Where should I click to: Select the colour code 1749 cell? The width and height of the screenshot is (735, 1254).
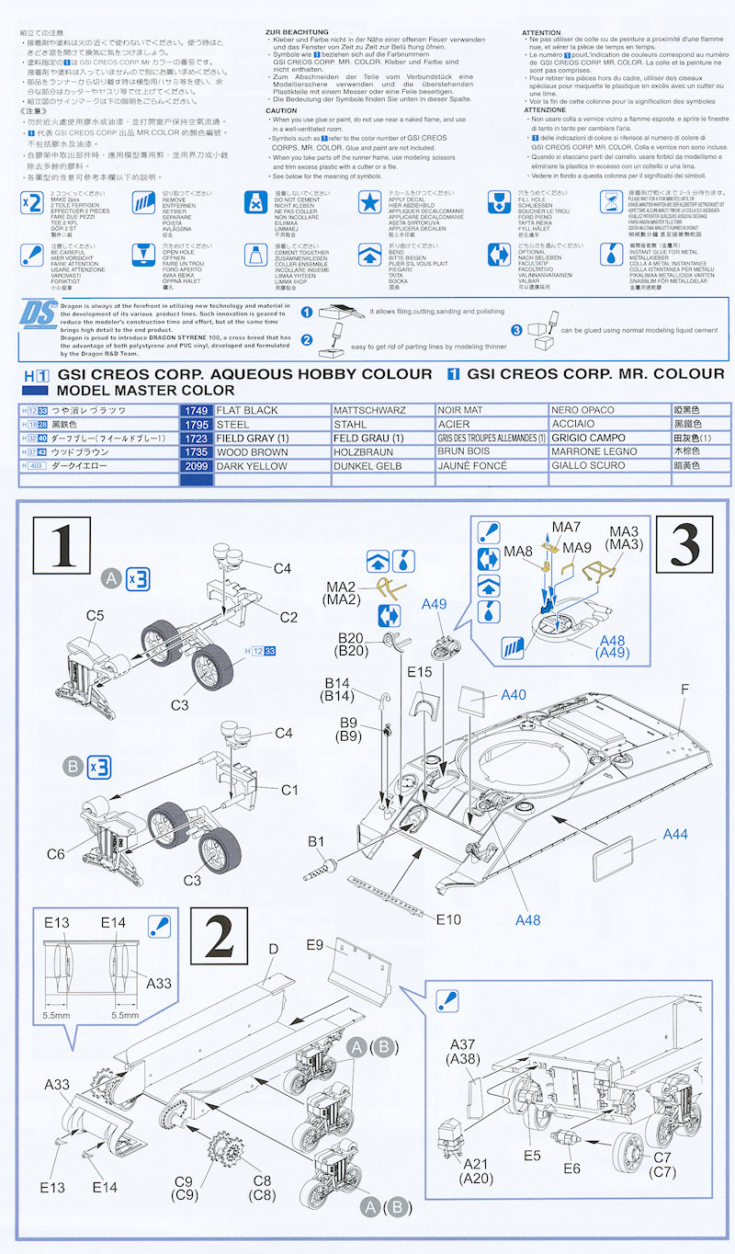196,410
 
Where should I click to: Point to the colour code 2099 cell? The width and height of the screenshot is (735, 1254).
196,466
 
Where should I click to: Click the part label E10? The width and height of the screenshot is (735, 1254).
448,919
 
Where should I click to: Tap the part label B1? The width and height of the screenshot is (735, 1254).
316,840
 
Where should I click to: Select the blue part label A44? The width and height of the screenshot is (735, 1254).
675,835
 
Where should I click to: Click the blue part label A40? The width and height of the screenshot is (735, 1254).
514,695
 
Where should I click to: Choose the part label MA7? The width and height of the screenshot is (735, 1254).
567,526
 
